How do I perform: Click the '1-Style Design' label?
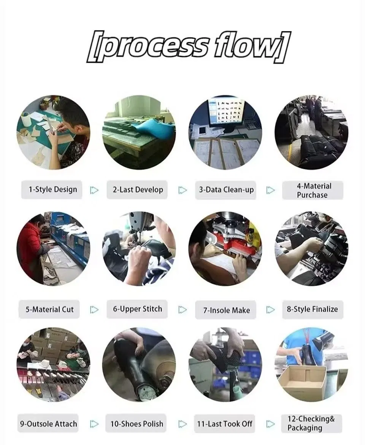click(53, 189)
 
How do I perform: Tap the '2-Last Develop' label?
click(138, 189)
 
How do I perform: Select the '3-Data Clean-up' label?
click(226, 189)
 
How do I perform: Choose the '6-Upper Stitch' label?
click(137, 309)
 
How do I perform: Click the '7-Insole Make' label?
click(226, 310)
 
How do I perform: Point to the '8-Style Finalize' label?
click(313, 309)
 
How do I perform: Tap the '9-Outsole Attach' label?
click(48, 424)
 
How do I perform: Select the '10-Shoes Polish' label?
click(137, 424)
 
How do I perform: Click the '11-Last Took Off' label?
click(225, 424)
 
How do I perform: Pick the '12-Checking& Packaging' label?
click(311, 423)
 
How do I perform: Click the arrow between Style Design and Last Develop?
click(94, 190)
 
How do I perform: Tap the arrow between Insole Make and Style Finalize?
click(271, 310)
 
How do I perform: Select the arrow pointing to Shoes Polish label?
click(94, 424)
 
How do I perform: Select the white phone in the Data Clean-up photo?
click(203, 130)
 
